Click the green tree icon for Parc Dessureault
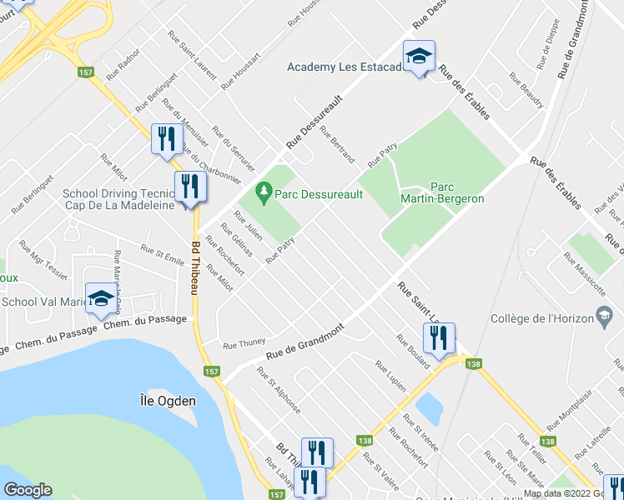coord(264,192)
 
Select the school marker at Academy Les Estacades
coord(419,57)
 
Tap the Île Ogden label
coord(168,401)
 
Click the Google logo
coord(28,490)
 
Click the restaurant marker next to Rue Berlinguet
coord(166,139)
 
